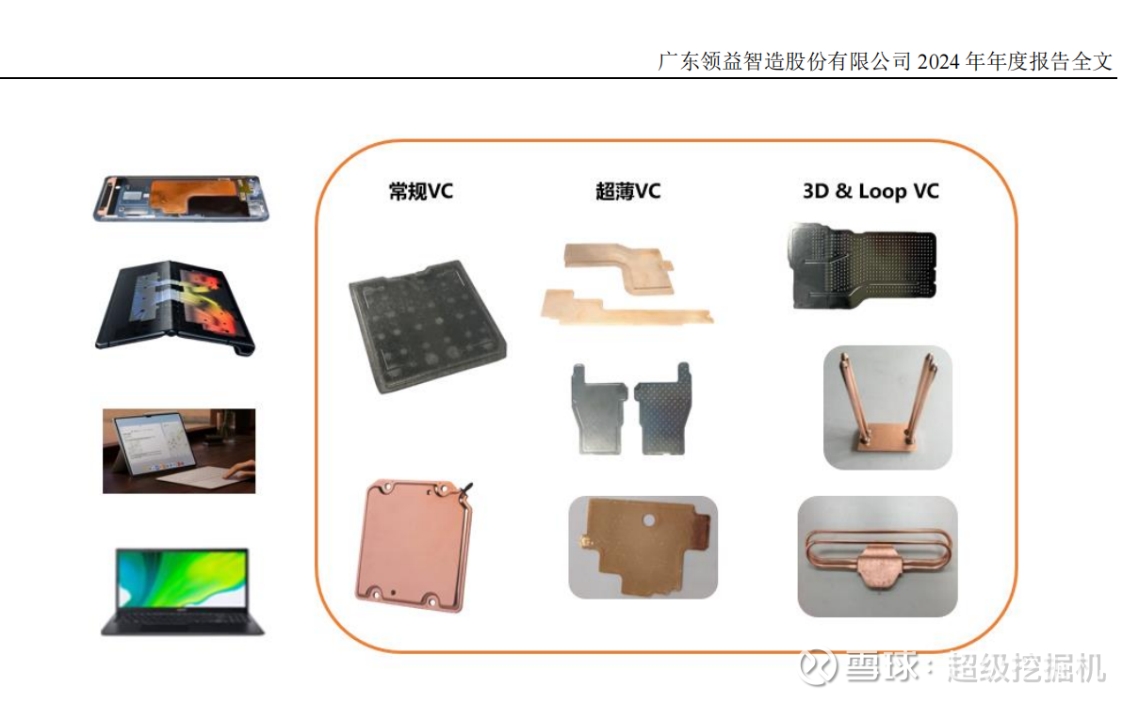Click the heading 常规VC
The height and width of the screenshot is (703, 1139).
point(421,191)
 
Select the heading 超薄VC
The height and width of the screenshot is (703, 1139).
point(628,191)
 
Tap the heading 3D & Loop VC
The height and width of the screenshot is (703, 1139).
point(871,191)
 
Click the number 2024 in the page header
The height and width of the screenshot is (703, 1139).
point(938,62)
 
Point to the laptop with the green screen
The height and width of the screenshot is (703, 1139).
point(182,591)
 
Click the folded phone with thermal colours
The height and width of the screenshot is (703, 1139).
point(175,308)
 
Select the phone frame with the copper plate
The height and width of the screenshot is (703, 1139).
point(181,198)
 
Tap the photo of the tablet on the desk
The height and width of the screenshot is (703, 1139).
point(179,451)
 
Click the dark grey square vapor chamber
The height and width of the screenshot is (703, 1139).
point(428,327)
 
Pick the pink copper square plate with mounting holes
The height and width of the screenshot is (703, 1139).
point(413,545)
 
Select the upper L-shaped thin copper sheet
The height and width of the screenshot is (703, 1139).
point(619,267)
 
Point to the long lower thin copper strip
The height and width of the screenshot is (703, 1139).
point(626,307)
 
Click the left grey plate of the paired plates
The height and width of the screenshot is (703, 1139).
point(598,409)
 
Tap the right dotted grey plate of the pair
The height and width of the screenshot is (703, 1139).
point(662,408)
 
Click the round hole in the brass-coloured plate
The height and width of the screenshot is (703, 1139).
point(648,520)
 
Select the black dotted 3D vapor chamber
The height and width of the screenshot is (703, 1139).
point(862,266)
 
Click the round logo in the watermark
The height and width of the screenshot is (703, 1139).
point(818,667)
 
